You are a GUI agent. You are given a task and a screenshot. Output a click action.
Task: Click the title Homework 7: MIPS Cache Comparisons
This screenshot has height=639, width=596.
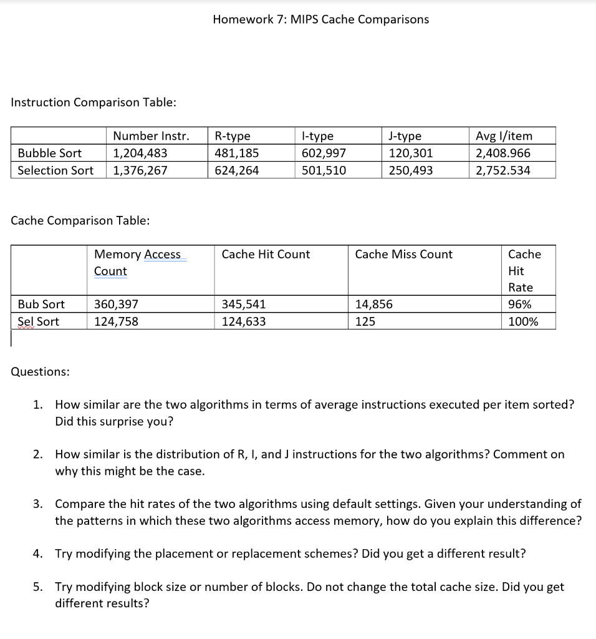coord(320,19)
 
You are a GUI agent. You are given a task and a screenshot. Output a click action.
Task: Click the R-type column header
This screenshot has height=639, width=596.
coord(232,136)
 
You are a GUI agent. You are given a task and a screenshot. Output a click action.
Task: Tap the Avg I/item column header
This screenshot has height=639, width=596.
coord(504,136)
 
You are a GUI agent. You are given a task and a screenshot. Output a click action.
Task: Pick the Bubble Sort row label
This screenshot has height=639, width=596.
coord(49,153)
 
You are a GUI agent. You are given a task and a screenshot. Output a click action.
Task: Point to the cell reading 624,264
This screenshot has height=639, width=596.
coord(236,170)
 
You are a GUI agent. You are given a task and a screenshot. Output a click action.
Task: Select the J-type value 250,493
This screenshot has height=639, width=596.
coord(410,170)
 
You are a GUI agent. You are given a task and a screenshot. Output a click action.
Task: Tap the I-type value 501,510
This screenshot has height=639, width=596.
coord(324,170)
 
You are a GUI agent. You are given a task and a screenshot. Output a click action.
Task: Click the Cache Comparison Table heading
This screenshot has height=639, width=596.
coord(80,220)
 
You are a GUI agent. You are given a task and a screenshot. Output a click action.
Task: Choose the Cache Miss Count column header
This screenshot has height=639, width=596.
coord(403,254)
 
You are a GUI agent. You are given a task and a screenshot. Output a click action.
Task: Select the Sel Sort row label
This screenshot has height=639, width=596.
coord(39,321)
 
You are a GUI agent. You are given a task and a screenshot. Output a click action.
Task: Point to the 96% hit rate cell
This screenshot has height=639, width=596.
coord(520,305)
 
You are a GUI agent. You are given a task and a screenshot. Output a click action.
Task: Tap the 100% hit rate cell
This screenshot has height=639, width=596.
coord(523,321)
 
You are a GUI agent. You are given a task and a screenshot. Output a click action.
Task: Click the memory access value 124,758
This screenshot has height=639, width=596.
coord(116,321)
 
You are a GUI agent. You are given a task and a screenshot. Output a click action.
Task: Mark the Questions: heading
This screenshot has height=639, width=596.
coord(41,371)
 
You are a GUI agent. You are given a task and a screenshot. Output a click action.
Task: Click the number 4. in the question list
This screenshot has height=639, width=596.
coord(38,554)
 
